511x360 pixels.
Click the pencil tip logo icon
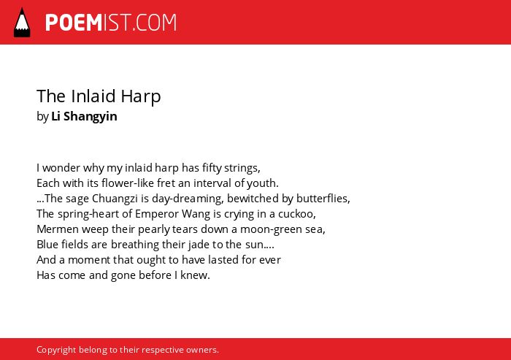[x=22, y=22]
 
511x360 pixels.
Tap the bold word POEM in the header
[x=74, y=23]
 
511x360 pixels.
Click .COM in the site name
[x=154, y=23]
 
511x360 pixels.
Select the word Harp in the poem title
[x=141, y=96]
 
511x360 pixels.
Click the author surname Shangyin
[x=91, y=116]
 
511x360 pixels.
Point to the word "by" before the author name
[x=42, y=116]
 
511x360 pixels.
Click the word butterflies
[x=323, y=199]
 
